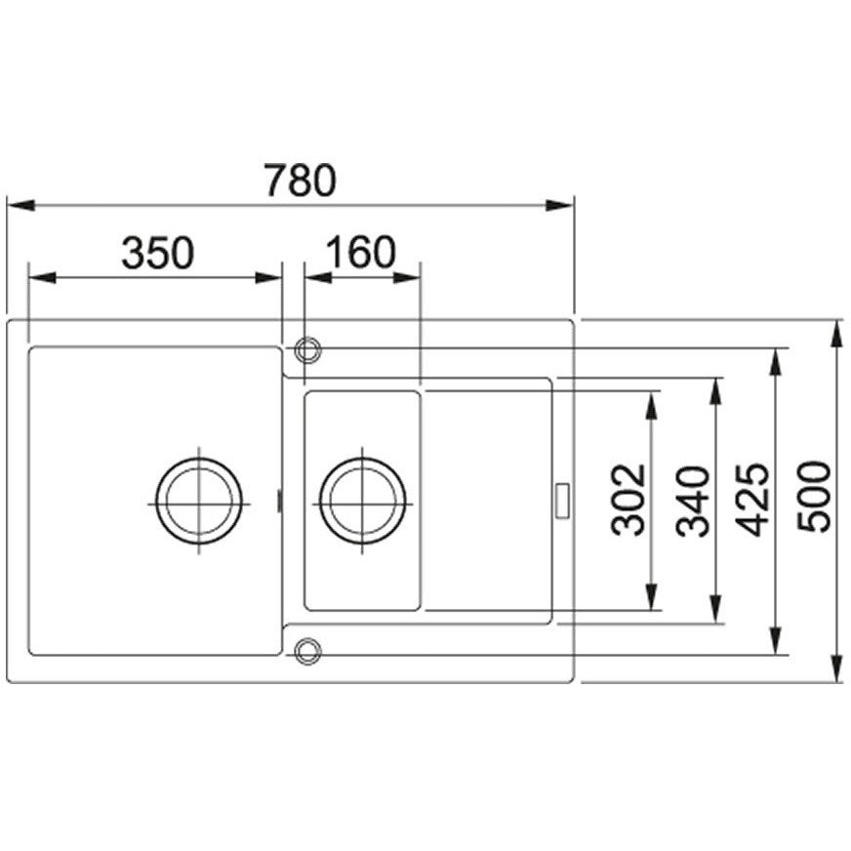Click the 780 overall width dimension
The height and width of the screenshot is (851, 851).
click(301, 180)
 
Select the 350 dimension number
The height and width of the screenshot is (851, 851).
click(157, 253)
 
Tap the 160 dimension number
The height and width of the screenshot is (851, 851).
click(360, 253)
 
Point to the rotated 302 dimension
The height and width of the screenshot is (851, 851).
click(628, 500)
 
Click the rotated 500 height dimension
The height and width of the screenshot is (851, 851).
click(814, 497)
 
